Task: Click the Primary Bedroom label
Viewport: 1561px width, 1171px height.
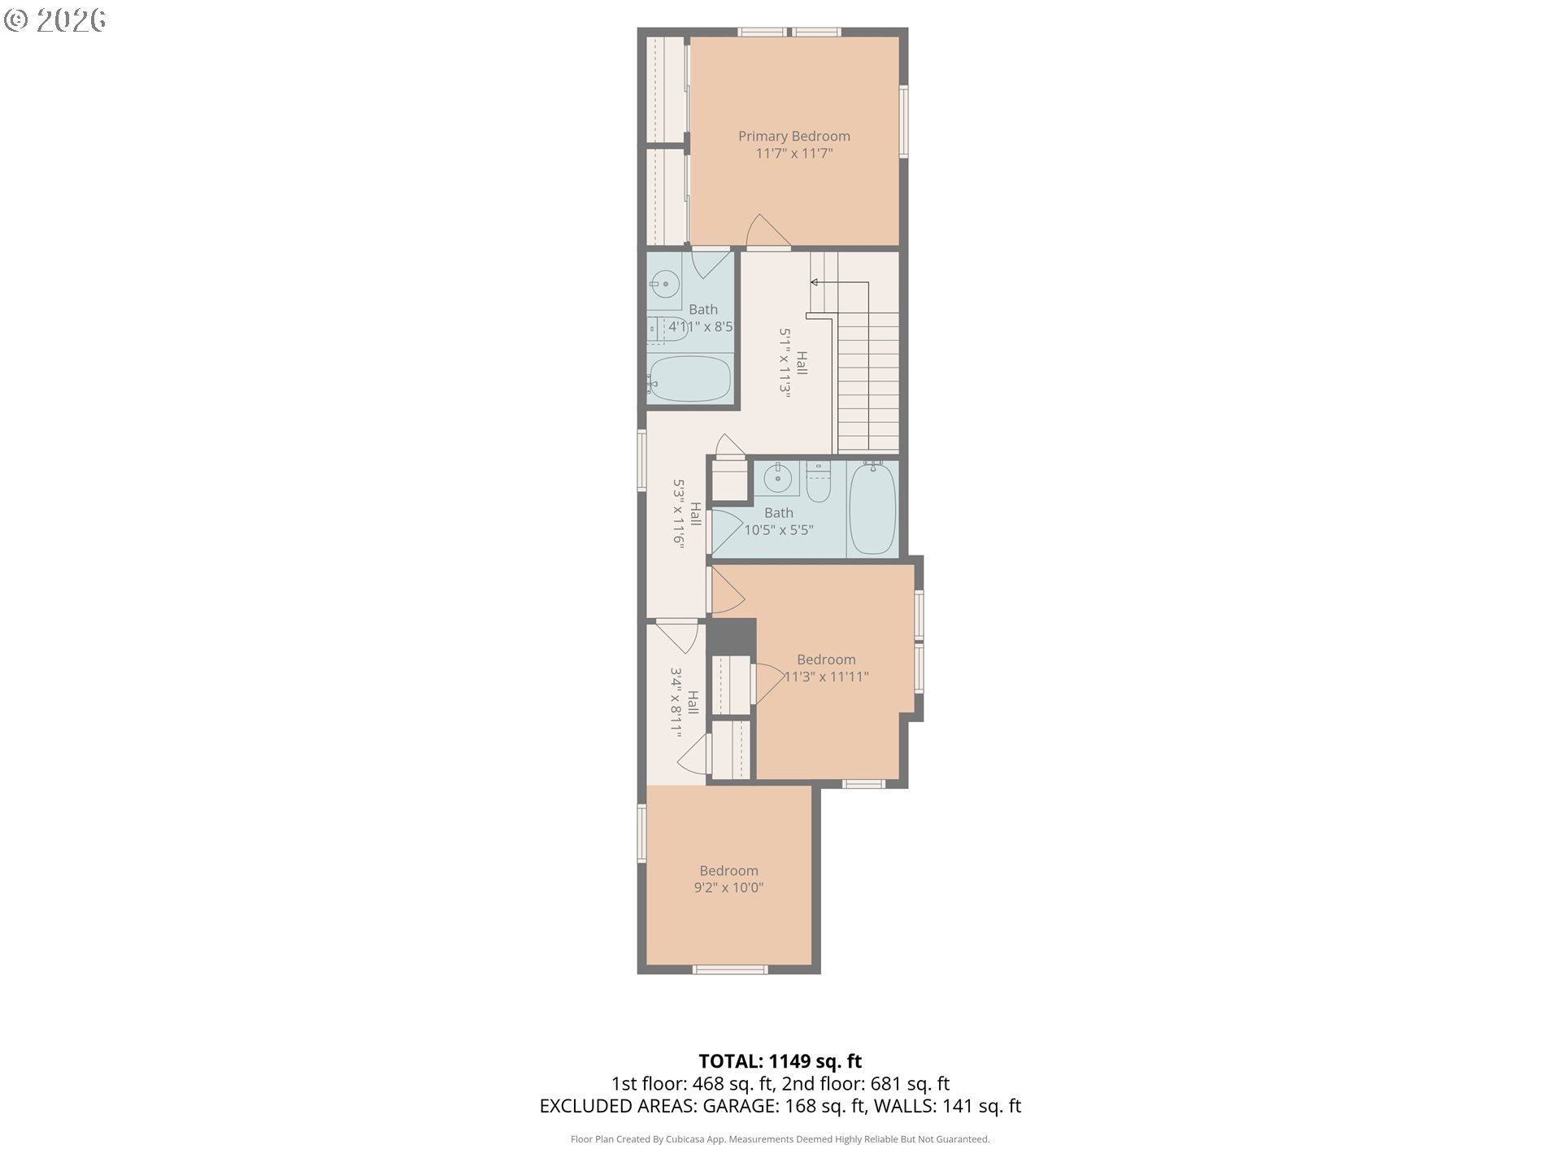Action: pyautogui.click(x=794, y=137)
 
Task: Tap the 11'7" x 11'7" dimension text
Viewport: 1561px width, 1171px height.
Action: pyautogui.click(x=794, y=154)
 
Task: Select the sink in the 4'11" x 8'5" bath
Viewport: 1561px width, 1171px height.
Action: pyautogui.click(x=665, y=284)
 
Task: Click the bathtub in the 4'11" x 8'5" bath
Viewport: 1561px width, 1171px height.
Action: pyautogui.click(x=690, y=379)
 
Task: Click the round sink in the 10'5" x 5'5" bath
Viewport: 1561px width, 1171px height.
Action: pyautogui.click(x=777, y=479)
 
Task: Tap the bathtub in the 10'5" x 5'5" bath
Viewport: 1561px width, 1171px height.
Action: pyautogui.click(x=872, y=508)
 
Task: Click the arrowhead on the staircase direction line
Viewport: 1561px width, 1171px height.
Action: pyautogui.click(x=814, y=282)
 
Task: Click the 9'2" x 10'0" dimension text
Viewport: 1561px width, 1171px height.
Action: pyautogui.click(x=728, y=888)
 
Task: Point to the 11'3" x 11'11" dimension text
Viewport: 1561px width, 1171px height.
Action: pyautogui.click(x=826, y=677)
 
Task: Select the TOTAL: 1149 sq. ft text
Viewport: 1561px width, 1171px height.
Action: pyautogui.click(x=780, y=1061)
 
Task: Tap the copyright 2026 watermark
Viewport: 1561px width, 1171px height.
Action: pyautogui.click(x=55, y=20)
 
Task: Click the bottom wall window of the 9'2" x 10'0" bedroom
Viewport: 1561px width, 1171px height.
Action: pyautogui.click(x=729, y=969)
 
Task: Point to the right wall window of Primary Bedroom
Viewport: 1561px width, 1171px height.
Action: pyautogui.click(x=903, y=121)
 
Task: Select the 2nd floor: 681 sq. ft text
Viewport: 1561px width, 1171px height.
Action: pyautogui.click(x=866, y=1084)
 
